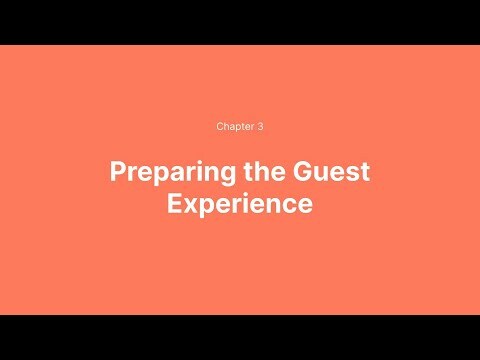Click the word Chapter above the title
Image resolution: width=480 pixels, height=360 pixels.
[x=233, y=127]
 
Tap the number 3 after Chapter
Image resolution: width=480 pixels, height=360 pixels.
[x=260, y=127]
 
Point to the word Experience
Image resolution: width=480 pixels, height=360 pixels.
[x=240, y=204]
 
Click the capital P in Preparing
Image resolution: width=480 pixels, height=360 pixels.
[x=117, y=171]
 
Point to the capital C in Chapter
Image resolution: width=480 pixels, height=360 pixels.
[x=220, y=127]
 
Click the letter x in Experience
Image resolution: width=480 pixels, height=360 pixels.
[x=191, y=205]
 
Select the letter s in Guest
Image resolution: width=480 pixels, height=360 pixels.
[x=357, y=173]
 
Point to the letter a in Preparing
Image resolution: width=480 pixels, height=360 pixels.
[x=170, y=173]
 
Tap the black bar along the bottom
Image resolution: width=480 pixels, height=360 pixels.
[x=240, y=337]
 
